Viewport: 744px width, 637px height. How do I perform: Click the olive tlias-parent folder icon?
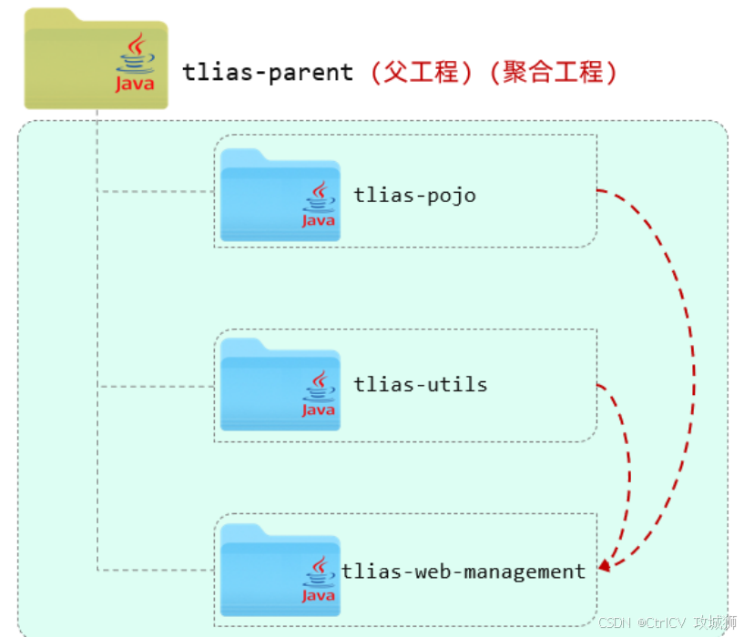(96, 58)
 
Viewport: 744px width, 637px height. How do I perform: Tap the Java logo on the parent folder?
(135, 62)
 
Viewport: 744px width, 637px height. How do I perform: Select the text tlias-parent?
(268, 73)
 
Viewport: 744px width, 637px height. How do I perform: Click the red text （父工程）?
(421, 73)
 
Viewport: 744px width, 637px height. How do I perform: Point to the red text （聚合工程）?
(554, 73)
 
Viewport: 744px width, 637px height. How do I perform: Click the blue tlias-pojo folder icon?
(280, 195)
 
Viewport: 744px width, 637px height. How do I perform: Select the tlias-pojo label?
(414, 196)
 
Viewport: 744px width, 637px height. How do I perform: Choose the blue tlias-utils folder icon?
(280, 384)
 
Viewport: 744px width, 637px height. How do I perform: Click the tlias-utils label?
(421, 384)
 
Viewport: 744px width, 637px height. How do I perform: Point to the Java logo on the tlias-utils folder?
(319, 394)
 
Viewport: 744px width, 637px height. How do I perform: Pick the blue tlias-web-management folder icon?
(280, 571)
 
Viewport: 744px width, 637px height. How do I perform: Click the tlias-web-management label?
(464, 571)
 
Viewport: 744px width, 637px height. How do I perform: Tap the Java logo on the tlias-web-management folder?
(319, 580)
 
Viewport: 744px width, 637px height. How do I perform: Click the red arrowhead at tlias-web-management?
(605, 565)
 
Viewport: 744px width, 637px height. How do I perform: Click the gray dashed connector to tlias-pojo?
(156, 192)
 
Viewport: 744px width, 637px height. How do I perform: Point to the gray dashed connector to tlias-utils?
(156, 387)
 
